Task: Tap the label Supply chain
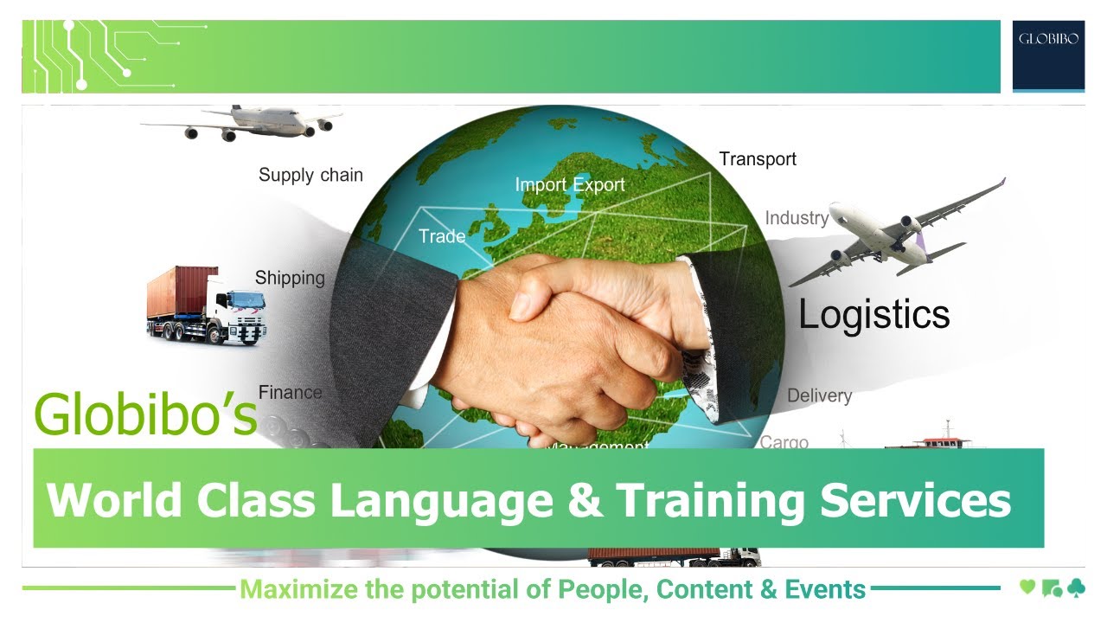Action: [310, 175]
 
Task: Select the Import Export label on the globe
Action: [569, 184]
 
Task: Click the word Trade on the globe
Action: [442, 236]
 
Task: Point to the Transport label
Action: [758, 159]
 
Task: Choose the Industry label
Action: [797, 218]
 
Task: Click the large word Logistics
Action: [873, 314]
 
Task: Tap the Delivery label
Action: [819, 396]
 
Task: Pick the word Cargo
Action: [784, 442]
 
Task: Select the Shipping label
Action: [290, 279]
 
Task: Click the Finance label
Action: [290, 393]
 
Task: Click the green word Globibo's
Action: [145, 415]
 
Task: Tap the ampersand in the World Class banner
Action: [585, 499]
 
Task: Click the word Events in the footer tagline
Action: [825, 590]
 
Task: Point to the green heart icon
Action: [1027, 588]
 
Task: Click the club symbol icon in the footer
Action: [1076, 588]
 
